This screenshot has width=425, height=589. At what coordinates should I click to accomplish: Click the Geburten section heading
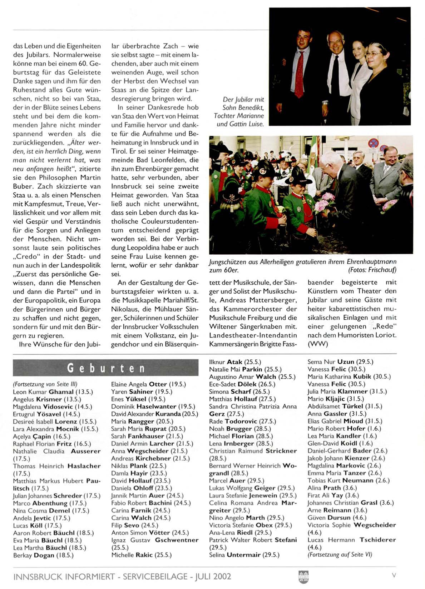click(106, 368)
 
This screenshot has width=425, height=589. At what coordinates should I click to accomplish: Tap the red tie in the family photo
click(299, 75)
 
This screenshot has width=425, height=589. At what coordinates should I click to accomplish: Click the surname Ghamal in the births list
click(61, 392)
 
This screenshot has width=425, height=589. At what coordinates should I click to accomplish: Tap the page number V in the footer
click(394, 575)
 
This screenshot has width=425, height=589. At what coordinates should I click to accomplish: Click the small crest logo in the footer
click(303, 576)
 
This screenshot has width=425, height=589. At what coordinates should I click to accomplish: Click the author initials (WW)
click(318, 344)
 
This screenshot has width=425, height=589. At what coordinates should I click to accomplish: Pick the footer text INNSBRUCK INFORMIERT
click(64, 576)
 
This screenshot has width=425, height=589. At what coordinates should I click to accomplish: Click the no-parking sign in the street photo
click(373, 143)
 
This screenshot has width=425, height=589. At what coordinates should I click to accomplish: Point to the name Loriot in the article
click(386, 335)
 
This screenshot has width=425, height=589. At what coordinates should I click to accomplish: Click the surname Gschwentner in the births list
click(177, 540)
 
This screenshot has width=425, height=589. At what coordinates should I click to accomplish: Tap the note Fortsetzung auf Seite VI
click(340, 555)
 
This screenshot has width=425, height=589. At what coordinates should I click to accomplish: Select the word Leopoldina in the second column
click(141, 248)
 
